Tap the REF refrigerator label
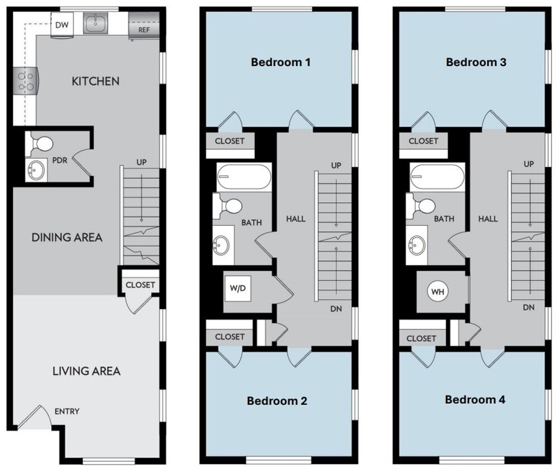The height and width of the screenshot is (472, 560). (144, 30)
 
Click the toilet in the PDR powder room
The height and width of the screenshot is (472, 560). (40, 144)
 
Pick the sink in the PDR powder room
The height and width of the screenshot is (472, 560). (37, 169)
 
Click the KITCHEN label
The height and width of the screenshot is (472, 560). (96, 81)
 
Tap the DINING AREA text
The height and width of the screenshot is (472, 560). (67, 237)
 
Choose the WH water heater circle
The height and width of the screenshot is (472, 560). (437, 291)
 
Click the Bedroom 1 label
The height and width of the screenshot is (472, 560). (281, 62)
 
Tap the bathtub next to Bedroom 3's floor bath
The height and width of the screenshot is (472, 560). (436, 177)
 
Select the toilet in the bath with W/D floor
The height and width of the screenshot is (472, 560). (229, 206)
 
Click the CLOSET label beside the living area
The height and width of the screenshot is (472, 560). (140, 285)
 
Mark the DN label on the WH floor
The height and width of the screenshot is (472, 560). (529, 307)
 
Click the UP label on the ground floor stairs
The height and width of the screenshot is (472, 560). (141, 162)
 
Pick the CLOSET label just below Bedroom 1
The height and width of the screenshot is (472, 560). (230, 141)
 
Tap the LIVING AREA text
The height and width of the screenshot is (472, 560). (87, 371)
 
